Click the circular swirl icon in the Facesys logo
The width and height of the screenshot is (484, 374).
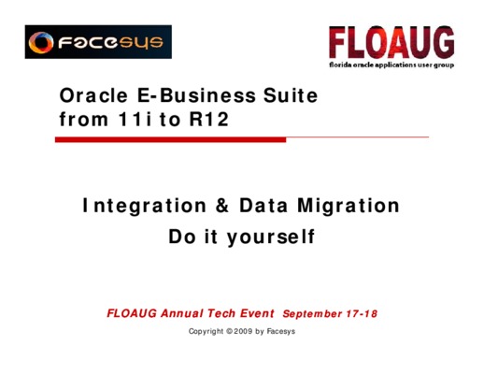pyautogui.click(x=41, y=42)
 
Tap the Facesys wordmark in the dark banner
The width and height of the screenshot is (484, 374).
pyautogui.click(x=110, y=43)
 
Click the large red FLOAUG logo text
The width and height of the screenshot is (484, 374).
pyautogui.click(x=391, y=43)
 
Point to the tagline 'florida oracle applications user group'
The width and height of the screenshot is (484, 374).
pyautogui.click(x=391, y=65)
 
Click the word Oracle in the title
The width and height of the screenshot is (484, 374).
pyautogui.click(x=93, y=95)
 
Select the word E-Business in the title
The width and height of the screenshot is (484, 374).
pyautogui.click(x=196, y=95)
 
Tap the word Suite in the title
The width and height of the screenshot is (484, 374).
pyautogui.click(x=291, y=95)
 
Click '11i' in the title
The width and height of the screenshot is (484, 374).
pyautogui.click(x=135, y=119)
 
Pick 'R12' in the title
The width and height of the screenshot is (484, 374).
pyautogui.click(x=209, y=119)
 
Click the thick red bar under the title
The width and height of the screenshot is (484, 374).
pyautogui.click(x=171, y=139)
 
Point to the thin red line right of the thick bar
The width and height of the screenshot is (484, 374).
pyautogui.click(x=358, y=137)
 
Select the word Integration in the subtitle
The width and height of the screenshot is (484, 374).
pyautogui.click(x=145, y=207)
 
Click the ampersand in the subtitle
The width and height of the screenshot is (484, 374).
pyautogui.click(x=222, y=206)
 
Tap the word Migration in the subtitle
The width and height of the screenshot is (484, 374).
pyautogui.click(x=349, y=207)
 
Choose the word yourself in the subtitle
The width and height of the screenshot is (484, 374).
pyautogui.click(x=271, y=237)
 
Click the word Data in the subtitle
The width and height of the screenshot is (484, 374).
pyautogui.click(x=263, y=206)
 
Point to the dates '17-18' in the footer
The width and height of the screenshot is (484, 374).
pyautogui.click(x=362, y=313)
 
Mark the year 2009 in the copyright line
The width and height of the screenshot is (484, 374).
pyautogui.click(x=243, y=331)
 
